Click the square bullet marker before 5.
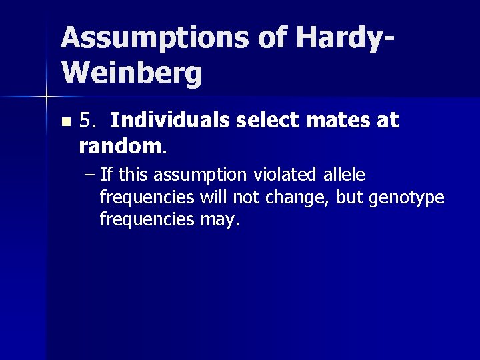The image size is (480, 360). coord(65,123)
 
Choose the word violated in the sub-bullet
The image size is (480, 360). coord(289,176)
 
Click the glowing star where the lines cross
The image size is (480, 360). coord(46,98)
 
